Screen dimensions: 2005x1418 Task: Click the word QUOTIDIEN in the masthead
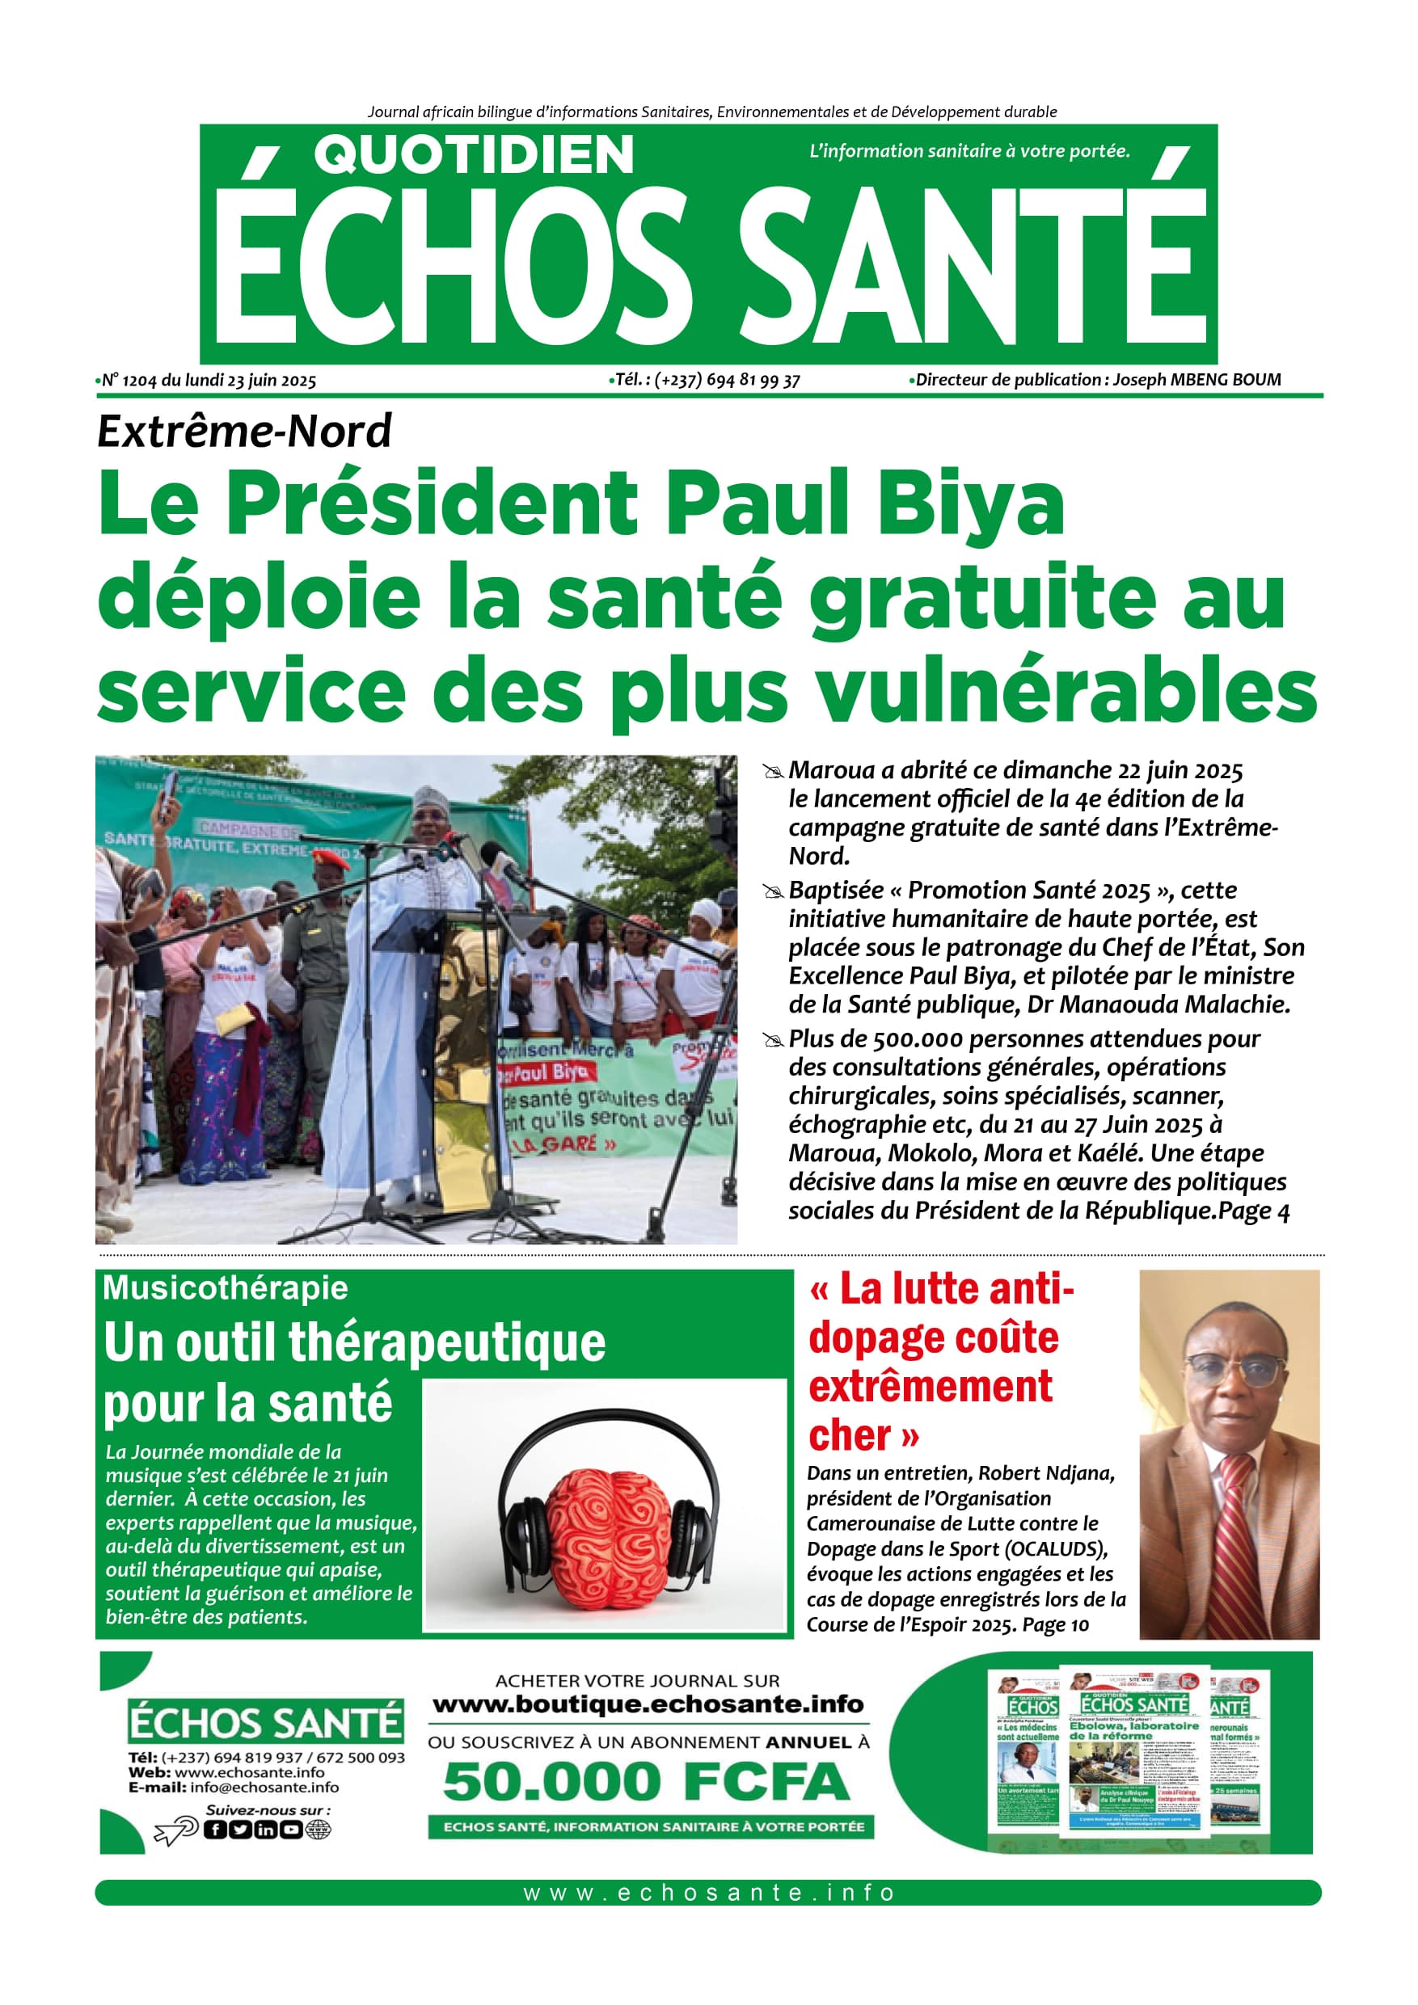[474, 155]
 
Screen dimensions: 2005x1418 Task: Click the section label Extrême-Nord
[244, 432]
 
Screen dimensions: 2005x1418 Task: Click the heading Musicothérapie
[225, 1288]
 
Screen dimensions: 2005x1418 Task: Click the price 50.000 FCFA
[647, 1781]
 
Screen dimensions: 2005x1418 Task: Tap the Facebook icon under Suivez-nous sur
[214, 1830]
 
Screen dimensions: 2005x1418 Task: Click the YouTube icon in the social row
[290, 1830]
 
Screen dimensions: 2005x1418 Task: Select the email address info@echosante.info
[264, 1787]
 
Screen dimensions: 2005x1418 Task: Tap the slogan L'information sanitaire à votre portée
[969, 151]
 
